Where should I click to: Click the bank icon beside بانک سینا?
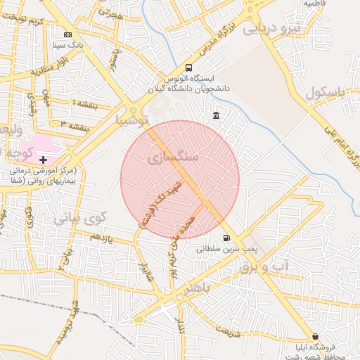(67, 34)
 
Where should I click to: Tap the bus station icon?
(188, 67)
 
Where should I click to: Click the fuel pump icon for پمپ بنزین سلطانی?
(226, 238)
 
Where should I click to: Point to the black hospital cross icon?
(43, 160)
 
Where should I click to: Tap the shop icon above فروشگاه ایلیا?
(314, 336)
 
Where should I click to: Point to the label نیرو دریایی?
(271, 29)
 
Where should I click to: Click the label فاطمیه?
(318, 4)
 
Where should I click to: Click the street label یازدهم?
(101, 237)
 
